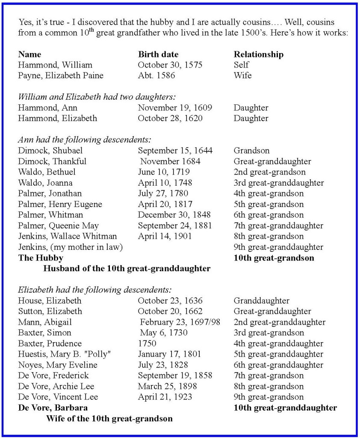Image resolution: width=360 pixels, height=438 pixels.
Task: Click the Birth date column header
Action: [x=158, y=54]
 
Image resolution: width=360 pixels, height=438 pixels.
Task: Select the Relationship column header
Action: [x=258, y=54]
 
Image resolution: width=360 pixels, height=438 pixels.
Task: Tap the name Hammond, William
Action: [x=55, y=65]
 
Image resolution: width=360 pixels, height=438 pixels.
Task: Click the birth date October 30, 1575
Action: [x=170, y=65]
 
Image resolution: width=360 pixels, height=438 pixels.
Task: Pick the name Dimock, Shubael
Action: [x=50, y=151]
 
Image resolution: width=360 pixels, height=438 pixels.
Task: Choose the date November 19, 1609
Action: [x=175, y=108]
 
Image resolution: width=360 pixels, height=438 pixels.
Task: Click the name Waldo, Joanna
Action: [x=46, y=183]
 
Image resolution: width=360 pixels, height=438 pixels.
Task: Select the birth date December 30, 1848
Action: [x=174, y=215]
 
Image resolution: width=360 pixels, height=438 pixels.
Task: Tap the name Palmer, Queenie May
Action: [x=58, y=225]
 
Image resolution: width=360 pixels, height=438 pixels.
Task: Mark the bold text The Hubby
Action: [x=41, y=258]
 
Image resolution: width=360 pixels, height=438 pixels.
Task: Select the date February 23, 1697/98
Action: [x=180, y=322]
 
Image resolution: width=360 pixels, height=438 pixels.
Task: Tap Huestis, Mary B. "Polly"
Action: [x=63, y=354]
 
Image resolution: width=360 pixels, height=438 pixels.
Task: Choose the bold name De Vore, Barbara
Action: [x=53, y=408]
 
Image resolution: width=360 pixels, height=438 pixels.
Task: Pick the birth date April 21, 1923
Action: [x=165, y=397]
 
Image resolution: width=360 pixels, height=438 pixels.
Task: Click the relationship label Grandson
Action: [x=251, y=151]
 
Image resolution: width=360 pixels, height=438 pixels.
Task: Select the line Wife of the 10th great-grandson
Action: [x=109, y=418]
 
